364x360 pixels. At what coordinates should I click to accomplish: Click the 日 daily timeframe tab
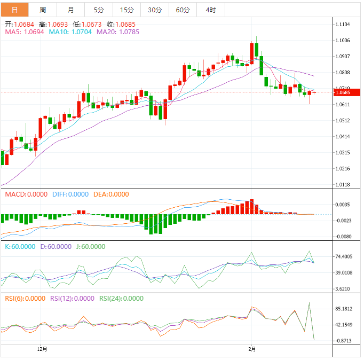(x=14, y=10)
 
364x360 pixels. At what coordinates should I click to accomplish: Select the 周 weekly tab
(x=43, y=10)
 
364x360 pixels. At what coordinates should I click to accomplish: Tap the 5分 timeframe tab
(x=99, y=10)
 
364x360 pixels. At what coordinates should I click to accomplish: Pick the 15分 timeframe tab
(x=127, y=10)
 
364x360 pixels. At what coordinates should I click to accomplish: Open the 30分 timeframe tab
(x=155, y=10)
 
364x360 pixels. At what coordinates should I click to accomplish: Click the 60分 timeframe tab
(x=183, y=10)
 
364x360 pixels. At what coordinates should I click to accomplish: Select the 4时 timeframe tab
(x=210, y=10)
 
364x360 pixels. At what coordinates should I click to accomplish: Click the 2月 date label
(x=252, y=349)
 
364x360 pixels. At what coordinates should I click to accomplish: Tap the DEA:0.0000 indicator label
(x=111, y=194)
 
